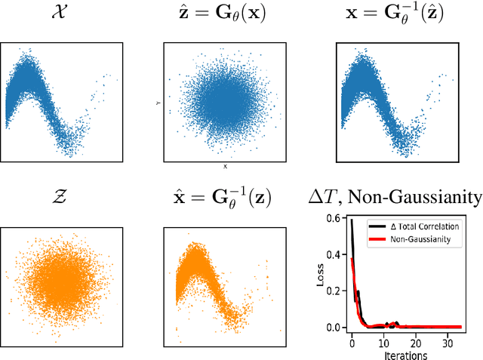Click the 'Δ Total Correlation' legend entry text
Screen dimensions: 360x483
pos(432,225)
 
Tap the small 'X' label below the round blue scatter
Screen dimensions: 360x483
pos(225,165)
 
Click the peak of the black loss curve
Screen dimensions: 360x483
pos(352,220)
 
